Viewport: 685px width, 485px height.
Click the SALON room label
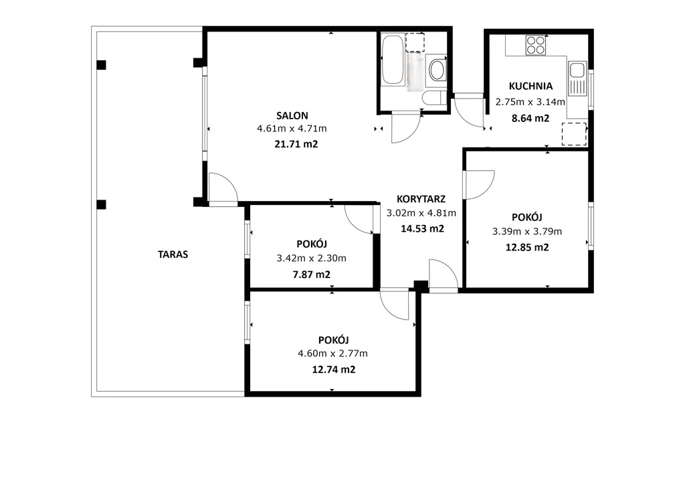coord(292,116)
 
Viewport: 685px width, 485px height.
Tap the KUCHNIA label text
coord(530,86)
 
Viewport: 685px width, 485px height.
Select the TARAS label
coord(173,255)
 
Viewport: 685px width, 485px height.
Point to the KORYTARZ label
coord(421,199)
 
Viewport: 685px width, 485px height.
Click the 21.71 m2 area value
coord(296,144)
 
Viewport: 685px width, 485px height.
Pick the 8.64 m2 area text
coord(530,118)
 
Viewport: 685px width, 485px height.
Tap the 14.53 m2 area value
coord(423,228)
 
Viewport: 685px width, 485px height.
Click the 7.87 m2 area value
coord(312,275)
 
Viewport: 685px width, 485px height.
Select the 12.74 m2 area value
coord(334,370)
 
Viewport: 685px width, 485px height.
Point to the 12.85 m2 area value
coord(527,248)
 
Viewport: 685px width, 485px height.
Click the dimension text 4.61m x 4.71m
coord(292,129)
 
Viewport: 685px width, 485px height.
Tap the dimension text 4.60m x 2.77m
coord(333,353)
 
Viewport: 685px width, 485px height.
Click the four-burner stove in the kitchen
coord(536,45)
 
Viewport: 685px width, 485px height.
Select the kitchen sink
coord(577,79)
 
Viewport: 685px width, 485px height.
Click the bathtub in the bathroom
coord(393,60)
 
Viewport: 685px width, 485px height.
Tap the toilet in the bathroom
coord(435,98)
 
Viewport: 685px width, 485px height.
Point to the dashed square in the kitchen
coord(574,134)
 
